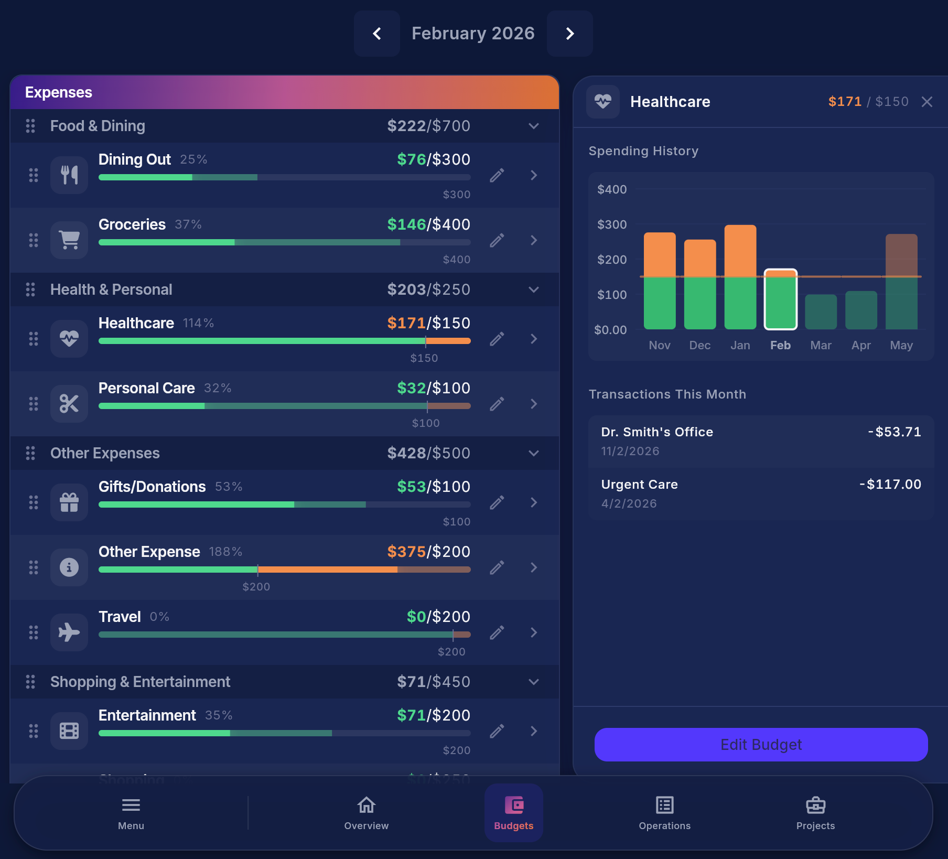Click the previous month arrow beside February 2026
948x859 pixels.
pos(376,34)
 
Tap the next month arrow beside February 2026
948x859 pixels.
pos(570,34)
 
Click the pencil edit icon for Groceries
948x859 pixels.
pos(497,240)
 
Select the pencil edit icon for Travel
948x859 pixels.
pos(497,632)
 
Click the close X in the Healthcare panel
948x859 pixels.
pos(927,102)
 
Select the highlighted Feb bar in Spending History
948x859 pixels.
pos(780,300)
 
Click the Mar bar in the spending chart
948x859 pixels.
pos(821,312)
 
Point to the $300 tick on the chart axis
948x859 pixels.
pos(612,224)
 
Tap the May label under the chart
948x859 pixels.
pos(901,345)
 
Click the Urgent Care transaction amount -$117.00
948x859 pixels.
pos(890,484)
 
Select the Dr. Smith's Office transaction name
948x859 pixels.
pos(656,432)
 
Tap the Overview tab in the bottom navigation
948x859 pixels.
pos(366,813)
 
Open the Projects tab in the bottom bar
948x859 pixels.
pos(815,813)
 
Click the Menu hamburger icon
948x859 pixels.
pos(131,805)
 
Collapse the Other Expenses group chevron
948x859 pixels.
pos(533,453)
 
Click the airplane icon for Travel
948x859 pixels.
pos(69,632)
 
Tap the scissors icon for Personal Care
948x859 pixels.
pos(69,404)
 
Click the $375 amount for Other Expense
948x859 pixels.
pos(406,552)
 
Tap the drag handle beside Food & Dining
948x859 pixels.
pos(30,126)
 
